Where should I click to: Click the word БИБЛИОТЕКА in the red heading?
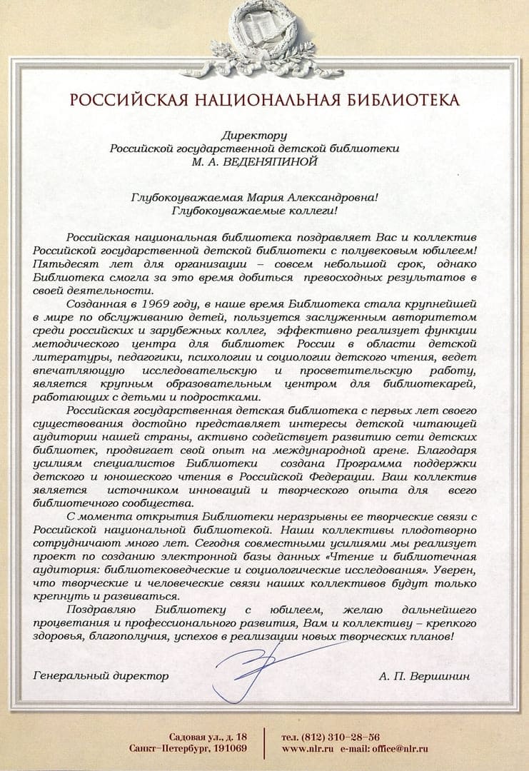[x=403, y=99]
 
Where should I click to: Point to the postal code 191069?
[x=228, y=748]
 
